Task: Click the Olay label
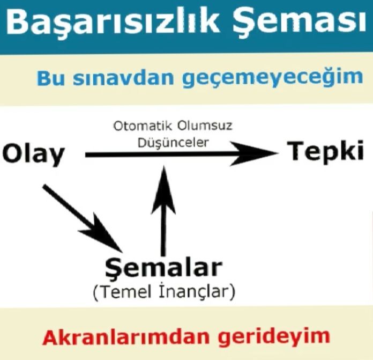pos(33,155)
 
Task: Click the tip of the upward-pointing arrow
pos(164,170)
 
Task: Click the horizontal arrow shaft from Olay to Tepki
pos(161,155)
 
